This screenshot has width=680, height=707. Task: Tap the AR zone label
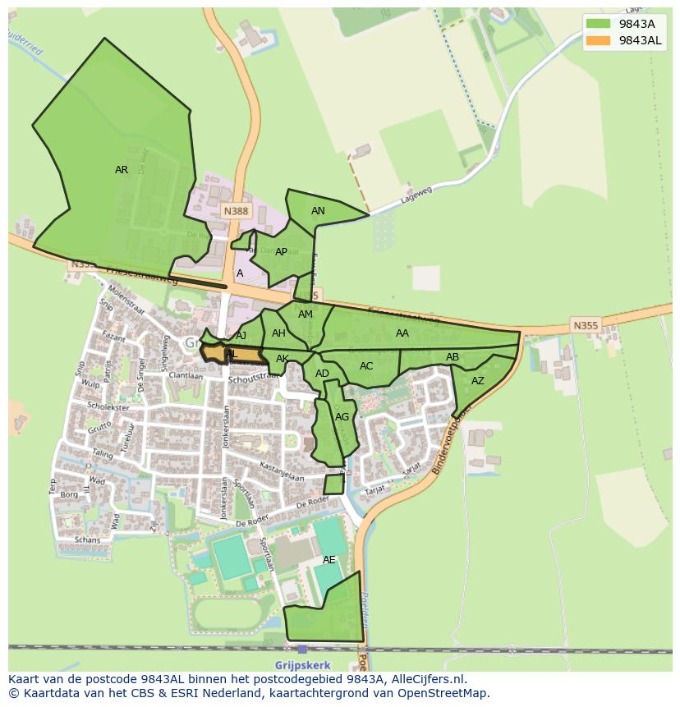[122, 170]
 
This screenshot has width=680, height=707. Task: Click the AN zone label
[318, 211]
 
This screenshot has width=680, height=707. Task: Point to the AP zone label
[282, 252]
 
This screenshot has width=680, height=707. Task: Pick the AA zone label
[402, 333]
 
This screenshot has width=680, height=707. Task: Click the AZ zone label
[477, 381]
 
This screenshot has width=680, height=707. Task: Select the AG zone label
[342, 417]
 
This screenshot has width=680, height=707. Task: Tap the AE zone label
[329, 559]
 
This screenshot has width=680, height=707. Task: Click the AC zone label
[366, 366]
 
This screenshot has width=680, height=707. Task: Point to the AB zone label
[453, 357]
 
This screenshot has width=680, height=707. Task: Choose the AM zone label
[306, 314]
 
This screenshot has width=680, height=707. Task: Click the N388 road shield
[236, 211]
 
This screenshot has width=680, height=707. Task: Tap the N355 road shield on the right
[586, 326]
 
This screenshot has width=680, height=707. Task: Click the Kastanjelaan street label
[282, 472]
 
